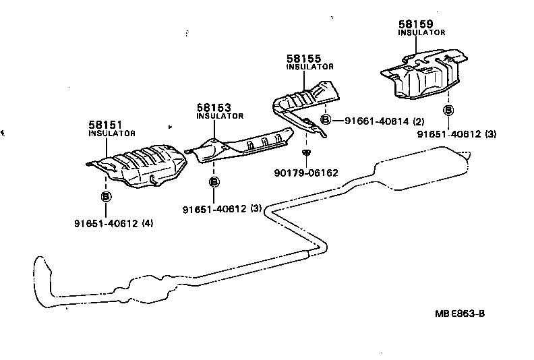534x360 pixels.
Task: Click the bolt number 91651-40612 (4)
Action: click(x=114, y=223)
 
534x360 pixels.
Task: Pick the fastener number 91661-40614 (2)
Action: click(x=384, y=121)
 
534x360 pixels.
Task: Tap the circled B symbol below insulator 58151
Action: click(x=106, y=197)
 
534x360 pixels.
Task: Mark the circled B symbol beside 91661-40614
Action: click(x=325, y=120)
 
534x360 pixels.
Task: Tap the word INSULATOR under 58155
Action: click(x=309, y=67)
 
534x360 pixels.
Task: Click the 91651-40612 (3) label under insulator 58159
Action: click(x=456, y=134)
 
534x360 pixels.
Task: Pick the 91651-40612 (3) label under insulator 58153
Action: click(x=222, y=209)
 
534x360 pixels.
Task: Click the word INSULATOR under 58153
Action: click(x=220, y=116)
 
